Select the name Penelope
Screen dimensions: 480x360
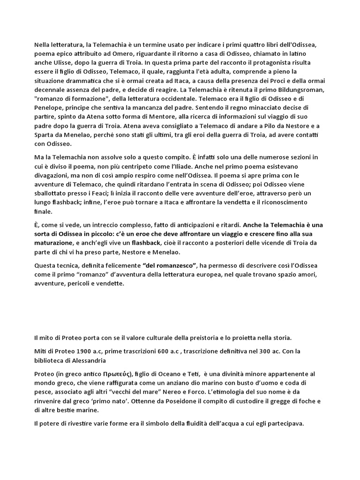click(49, 108)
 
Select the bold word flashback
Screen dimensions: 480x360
click(146, 243)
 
